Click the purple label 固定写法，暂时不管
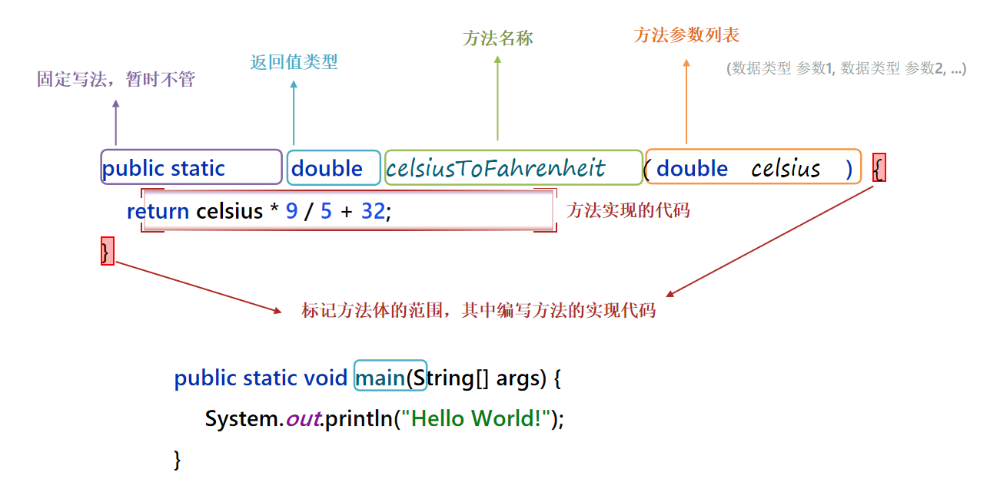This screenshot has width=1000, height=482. tap(116, 79)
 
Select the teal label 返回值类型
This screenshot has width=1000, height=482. tap(294, 62)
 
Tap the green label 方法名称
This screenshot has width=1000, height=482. tap(497, 38)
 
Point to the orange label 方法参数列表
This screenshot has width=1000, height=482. tap(686, 35)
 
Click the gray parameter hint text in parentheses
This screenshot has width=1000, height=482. tap(846, 68)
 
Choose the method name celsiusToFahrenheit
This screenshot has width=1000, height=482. tap(496, 168)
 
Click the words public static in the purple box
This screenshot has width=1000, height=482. tap(164, 169)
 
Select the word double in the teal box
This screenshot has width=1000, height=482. tap(327, 169)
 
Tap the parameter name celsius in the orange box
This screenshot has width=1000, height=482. tap(786, 169)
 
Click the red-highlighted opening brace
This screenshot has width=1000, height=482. tap(879, 168)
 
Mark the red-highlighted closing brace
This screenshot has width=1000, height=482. tap(107, 252)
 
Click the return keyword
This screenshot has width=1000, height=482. tap(158, 211)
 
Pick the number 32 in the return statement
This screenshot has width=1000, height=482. tap(373, 211)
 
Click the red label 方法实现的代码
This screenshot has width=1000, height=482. tap(628, 210)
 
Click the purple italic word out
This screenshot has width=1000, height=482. tap(302, 418)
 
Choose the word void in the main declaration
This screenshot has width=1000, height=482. tap(326, 378)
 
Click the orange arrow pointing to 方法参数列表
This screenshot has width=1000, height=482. tap(686, 100)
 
